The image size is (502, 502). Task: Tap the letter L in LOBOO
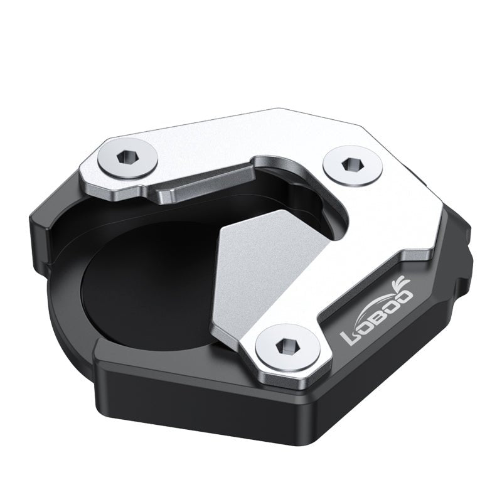pos(349,338)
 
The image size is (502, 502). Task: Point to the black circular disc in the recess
pos(144,282)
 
